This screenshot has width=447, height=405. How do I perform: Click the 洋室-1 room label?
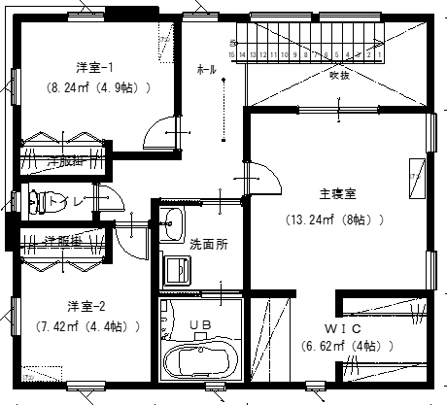(95, 67)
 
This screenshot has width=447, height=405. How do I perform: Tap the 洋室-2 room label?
(86, 305)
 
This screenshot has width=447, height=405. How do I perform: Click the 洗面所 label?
(208, 244)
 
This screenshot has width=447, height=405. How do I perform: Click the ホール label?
(206, 70)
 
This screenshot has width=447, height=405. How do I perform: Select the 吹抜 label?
(339, 74)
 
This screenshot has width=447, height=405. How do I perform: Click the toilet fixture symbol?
(38, 202)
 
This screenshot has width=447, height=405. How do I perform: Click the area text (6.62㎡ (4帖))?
(343, 345)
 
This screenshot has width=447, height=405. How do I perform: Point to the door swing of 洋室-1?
(158, 135)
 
